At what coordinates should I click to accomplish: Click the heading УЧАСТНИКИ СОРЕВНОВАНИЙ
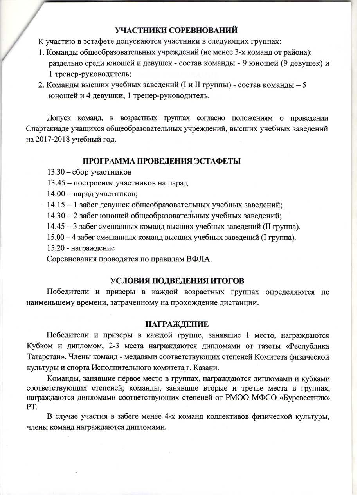pyautogui.click(x=176, y=30)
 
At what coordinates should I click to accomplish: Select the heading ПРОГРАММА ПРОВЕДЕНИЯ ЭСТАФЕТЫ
pyautogui.click(x=161, y=161)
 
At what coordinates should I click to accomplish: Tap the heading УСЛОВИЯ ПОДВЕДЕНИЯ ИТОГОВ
pyautogui.click(x=177, y=281)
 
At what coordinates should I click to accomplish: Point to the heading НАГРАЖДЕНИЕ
pyautogui.click(x=177, y=324)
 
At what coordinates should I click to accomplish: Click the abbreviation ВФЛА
pyautogui.click(x=197, y=259)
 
